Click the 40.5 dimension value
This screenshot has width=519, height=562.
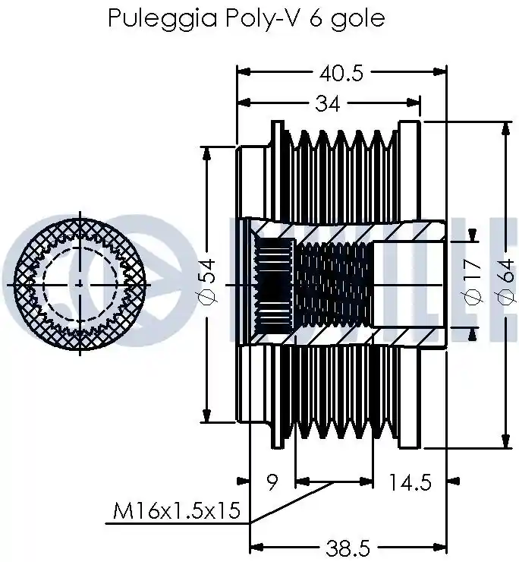pos(341,74)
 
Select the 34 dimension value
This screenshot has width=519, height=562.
pos(327,104)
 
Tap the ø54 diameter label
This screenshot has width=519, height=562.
pos(206,281)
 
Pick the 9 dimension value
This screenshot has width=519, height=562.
pos(272,482)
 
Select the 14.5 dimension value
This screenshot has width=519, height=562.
pos(410,482)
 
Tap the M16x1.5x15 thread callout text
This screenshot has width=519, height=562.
pos(177,511)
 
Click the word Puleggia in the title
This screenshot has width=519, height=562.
pos(162,18)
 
